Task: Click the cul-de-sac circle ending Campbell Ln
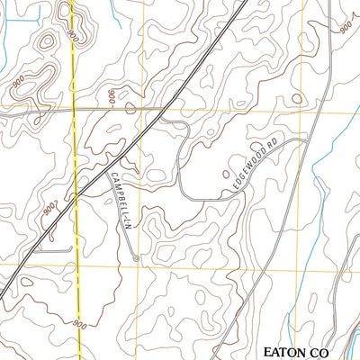[x=136, y=258]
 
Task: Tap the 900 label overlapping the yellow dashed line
[x=69, y=37]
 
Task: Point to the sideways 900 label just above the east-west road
[x=112, y=96]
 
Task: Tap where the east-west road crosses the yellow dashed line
[x=73, y=110]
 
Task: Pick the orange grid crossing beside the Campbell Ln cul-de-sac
[x=137, y=267]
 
